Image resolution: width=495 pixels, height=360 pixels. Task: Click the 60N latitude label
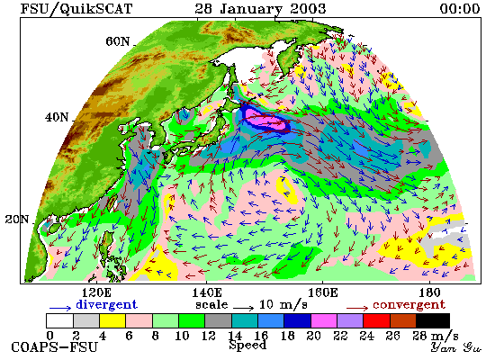click(x=117, y=41)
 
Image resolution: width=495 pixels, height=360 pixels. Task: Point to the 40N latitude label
click(x=57, y=118)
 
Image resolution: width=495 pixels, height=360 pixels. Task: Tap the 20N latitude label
click(x=17, y=220)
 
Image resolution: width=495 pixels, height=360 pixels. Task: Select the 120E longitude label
click(x=96, y=292)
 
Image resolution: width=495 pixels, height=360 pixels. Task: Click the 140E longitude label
click(x=207, y=292)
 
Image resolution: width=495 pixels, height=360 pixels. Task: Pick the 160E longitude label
click(x=322, y=292)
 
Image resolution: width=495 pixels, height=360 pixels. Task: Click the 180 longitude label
click(x=429, y=292)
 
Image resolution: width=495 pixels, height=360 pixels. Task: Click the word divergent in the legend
click(x=106, y=304)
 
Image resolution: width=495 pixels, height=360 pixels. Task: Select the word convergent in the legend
click(x=409, y=305)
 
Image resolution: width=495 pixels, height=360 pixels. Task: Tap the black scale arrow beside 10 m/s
click(x=243, y=308)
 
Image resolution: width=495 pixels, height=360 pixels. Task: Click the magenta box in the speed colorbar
click(x=324, y=320)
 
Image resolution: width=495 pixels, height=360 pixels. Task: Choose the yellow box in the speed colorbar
click(x=112, y=320)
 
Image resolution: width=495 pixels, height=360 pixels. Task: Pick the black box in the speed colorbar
click(x=433, y=320)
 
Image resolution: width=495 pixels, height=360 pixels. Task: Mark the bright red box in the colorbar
click(x=376, y=320)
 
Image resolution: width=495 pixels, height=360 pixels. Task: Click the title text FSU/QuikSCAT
click(x=76, y=9)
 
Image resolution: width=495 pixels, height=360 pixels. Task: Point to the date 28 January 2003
click(x=260, y=9)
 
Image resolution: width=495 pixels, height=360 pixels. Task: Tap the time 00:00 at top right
click(x=460, y=8)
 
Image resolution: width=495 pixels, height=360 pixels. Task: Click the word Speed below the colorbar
click(x=247, y=345)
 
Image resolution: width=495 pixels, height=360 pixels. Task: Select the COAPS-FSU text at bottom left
click(x=54, y=347)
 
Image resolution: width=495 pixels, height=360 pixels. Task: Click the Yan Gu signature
click(x=456, y=347)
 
